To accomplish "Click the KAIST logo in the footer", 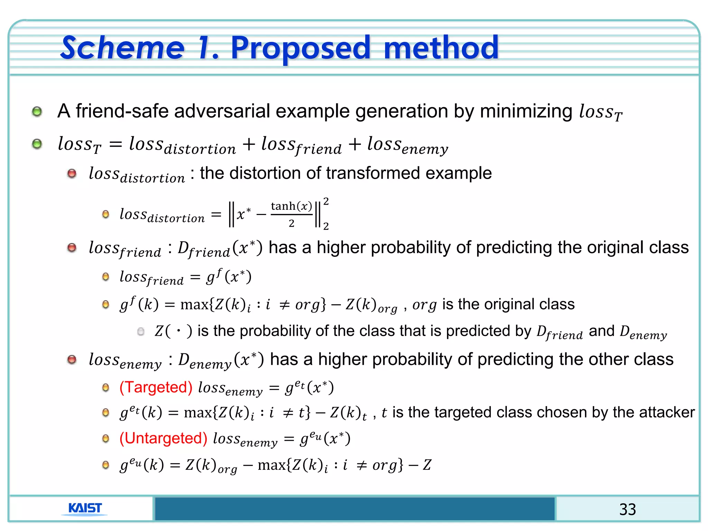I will point(85,509).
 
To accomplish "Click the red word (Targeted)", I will point(156,387).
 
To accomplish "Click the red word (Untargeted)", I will point(164,438).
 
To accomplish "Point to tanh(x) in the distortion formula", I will point(291,206).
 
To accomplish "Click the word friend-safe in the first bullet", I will point(122,111).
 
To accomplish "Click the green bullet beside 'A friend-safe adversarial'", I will point(37,111).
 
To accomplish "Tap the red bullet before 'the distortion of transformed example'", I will point(72,173).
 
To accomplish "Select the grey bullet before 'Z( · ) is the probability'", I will point(141,332).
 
